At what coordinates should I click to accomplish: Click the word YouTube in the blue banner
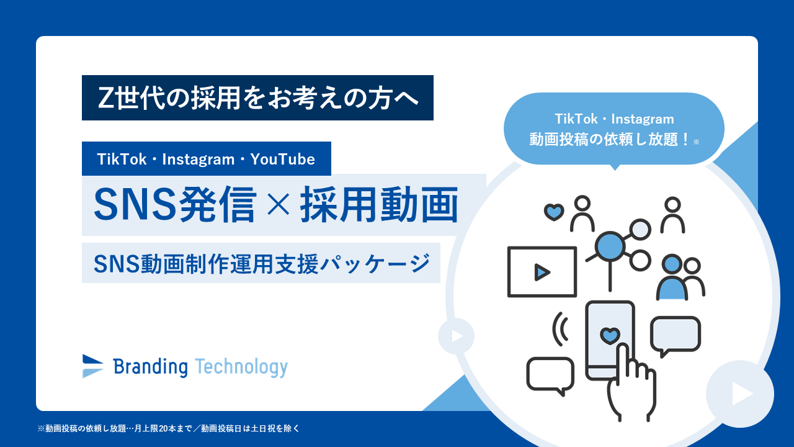tap(282, 160)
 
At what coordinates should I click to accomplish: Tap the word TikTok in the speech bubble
tap(576, 119)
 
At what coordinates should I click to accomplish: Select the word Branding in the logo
tap(150, 367)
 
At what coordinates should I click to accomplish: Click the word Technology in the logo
tap(241, 368)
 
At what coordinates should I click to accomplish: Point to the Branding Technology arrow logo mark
tap(92, 366)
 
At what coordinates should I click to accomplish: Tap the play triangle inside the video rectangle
tap(542, 272)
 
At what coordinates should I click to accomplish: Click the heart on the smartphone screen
tap(610, 336)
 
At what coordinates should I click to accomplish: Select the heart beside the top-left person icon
tap(554, 212)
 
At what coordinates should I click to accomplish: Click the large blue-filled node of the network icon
tap(610, 246)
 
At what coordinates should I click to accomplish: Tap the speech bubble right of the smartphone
tap(676, 335)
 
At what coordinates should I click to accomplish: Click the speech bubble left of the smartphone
tap(550, 376)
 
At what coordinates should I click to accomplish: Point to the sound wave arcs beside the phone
tap(560, 329)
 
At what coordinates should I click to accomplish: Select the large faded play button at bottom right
tap(740, 394)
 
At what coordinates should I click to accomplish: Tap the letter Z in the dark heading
tap(106, 98)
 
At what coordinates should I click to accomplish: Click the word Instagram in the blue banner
tap(198, 160)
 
